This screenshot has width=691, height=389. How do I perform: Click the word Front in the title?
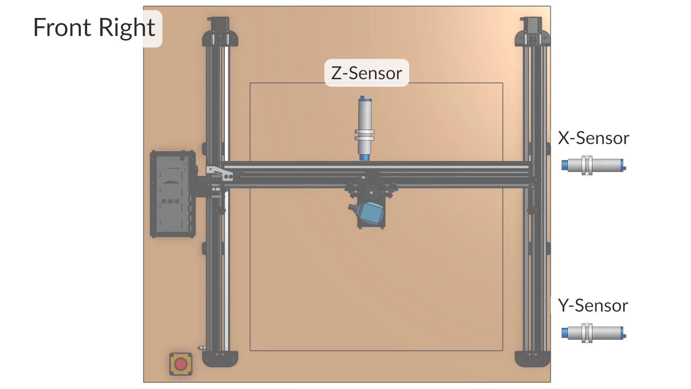pyautogui.click(x=62, y=28)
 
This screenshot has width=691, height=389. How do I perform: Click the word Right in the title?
pyautogui.click(x=127, y=28)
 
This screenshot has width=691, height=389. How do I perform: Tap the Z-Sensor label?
pyautogui.click(x=366, y=73)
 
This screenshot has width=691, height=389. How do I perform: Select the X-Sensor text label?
pyautogui.click(x=593, y=138)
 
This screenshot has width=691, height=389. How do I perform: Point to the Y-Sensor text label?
pyautogui.click(x=593, y=305)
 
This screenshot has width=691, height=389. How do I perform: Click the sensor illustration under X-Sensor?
pyautogui.click(x=594, y=165)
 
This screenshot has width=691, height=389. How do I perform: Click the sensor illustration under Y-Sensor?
pyautogui.click(x=594, y=333)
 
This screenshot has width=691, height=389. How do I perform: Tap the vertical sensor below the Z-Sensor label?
pyautogui.click(x=365, y=126)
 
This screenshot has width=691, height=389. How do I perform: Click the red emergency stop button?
pyautogui.click(x=181, y=364)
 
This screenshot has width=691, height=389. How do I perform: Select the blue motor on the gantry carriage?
pyautogui.click(x=370, y=213)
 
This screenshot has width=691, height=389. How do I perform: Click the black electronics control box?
pyautogui.click(x=173, y=194)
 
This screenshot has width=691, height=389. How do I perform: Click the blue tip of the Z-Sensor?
pyautogui.click(x=365, y=157)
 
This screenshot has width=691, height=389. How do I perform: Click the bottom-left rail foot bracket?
pyautogui.click(x=220, y=359)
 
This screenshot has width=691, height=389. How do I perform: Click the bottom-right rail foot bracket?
pyautogui.click(x=532, y=359)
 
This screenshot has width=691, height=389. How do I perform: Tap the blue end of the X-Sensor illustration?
pyautogui.click(x=565, y=165)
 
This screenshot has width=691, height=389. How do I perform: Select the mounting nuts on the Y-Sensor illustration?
pyautogui.click(x=587, y=333)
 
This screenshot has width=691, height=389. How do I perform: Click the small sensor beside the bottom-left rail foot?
pyautogui.click(x=202, y=348)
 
